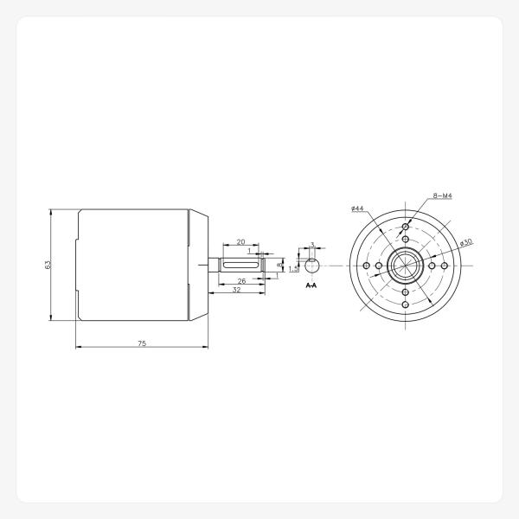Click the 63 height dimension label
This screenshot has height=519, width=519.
coord(48,264)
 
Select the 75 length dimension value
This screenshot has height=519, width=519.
coord(142,343)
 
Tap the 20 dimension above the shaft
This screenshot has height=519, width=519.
coord(240,242)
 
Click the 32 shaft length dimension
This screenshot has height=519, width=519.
coord(235,292)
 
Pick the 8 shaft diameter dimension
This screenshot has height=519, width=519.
coord(279,265)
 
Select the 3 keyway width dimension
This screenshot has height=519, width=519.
coord(311,245)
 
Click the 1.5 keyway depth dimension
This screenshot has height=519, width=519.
coord(294,268)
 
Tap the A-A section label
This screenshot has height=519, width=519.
coord(311,285)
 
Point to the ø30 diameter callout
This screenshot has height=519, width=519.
coord(465,243)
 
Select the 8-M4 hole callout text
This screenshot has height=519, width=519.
coord(441,197)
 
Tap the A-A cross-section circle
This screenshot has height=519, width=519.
coord(312,265)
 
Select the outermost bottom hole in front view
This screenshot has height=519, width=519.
coord(405,304)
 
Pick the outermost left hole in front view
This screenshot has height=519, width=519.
coord(367,265)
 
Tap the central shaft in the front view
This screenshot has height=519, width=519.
coord(405,265)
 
